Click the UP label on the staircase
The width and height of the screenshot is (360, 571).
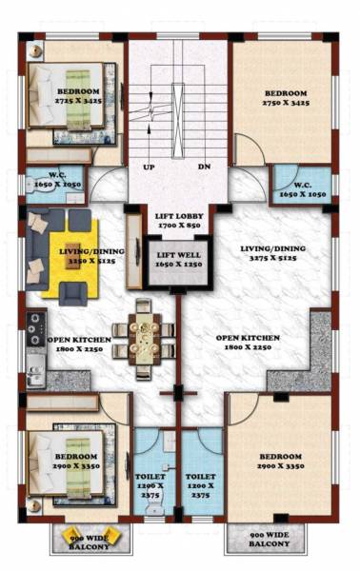tap(148, 167)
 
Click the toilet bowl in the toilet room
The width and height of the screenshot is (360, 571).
tap(152, 509)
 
